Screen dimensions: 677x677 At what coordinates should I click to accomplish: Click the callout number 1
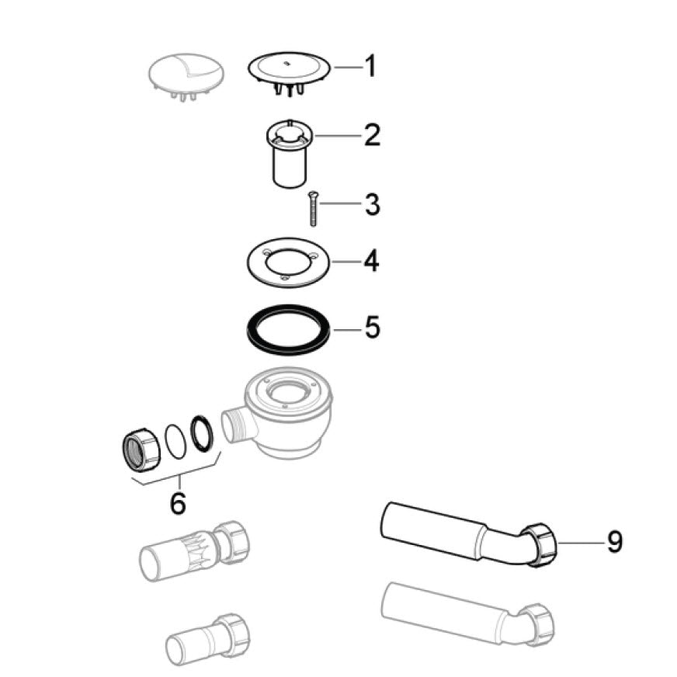click(370, 67)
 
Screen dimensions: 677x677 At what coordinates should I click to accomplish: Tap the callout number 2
click(372, 135)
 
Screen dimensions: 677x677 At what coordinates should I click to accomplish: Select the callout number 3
click(372, 205)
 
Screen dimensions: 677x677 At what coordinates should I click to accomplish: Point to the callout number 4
click(372, 261)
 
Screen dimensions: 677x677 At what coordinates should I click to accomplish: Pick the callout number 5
click(372, 328)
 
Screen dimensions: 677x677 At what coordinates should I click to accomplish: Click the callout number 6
click(179, 502)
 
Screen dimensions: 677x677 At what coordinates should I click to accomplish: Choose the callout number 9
click(614, 541)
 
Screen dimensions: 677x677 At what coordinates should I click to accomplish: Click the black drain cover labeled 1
click(289, 75)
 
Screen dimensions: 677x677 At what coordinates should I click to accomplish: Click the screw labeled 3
click(313, 209)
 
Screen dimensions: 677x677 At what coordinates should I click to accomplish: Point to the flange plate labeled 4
click(288, 263)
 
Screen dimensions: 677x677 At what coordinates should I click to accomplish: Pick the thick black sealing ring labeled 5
click(289, 330)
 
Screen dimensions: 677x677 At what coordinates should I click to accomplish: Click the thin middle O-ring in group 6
click(176, 440)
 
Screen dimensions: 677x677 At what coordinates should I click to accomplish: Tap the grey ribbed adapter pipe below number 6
click(195, 550)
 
